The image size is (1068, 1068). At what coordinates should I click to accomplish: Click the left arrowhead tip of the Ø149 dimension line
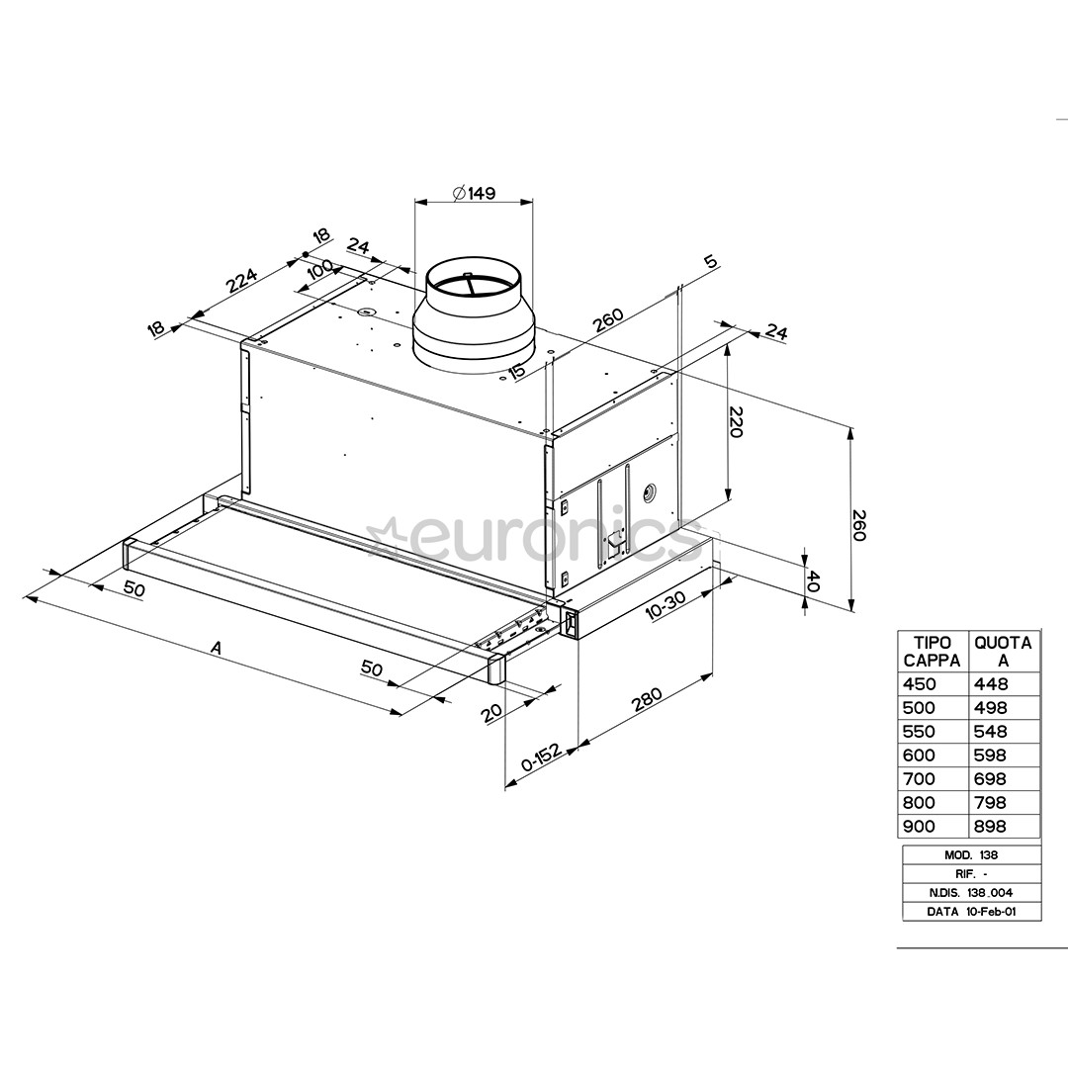pyautogui.click(x=415, y=202)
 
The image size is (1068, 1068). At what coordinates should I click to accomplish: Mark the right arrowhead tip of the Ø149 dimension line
pyautogui.click(x=533, y=202)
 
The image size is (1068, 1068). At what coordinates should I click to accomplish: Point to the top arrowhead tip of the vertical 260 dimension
pyautogui.click(x=850, y=427)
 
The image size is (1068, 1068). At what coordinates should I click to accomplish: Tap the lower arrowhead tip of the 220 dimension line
pyautogui.click(x=728, y=500)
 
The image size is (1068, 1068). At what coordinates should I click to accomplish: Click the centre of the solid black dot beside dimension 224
pyautogui.click(x=306, y=255)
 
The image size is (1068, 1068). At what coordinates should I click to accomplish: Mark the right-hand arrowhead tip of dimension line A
pyautogui.click(x=401, y=714)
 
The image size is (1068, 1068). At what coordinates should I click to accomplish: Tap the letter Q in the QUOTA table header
pyautogui.click(x=982, y=643)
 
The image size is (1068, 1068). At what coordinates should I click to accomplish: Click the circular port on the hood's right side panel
pyautogui.click(x=651, y=489)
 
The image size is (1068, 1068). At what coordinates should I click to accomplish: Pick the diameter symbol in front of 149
pyautogui.click(x=459, y=194)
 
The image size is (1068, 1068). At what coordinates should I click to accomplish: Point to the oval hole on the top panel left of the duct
pyautogui.click(x=367, y=312)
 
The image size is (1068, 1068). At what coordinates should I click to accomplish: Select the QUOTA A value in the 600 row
pyautogui.click(x=990, y=755)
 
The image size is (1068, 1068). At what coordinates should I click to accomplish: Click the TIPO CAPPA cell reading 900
pyautogui.click(x=919, y=826)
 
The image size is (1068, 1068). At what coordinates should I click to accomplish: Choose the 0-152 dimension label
pyautogui.click(x=542, y=756)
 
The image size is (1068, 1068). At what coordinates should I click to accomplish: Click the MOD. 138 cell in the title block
pyautogui.click(x=971, y=854)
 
